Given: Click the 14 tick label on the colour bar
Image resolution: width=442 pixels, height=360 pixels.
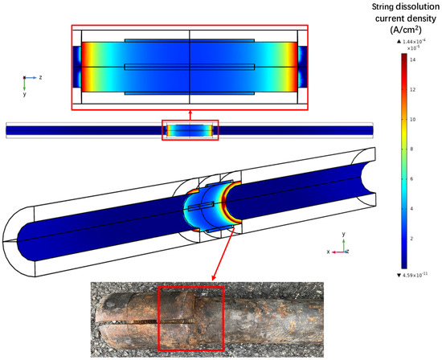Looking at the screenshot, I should point(411,59).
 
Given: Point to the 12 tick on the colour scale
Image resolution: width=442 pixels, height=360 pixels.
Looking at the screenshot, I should point(411,88).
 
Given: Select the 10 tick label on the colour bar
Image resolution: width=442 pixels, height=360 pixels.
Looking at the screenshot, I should point(411,118).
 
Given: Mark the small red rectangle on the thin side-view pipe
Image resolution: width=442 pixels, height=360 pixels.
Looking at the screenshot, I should point(190,129).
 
